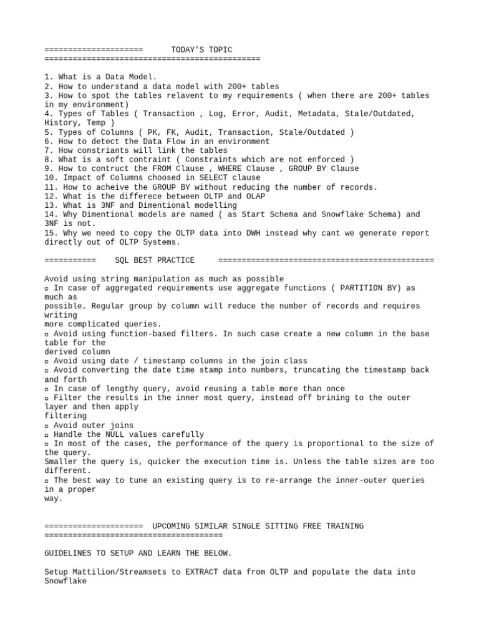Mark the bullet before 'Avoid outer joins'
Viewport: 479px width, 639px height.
[x=47, y=425]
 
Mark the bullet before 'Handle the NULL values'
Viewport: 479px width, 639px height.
[x=47, y=434]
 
